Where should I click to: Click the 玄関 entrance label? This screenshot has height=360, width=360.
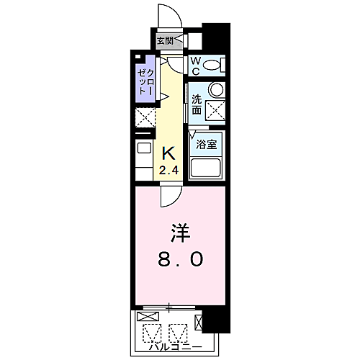click(165, 41)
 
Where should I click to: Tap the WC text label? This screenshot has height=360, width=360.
click(195, 66)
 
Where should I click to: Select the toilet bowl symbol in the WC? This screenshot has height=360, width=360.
click(212, 66)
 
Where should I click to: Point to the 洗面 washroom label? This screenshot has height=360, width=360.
click(197, 105)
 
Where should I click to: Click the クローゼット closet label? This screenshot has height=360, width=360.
click(145, 81)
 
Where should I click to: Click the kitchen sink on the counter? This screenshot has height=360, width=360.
click(143, 149)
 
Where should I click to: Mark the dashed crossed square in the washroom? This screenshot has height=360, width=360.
click(215, 110)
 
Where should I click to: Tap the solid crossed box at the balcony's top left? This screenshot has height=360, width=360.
click(146, 316)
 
